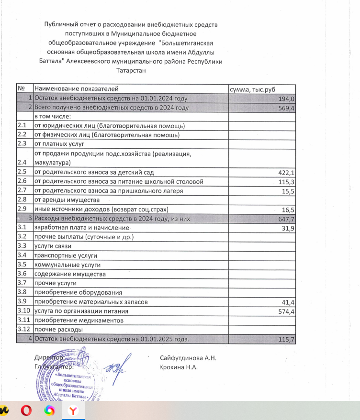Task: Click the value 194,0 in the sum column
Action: (x=285, y=99)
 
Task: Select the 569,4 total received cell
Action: (x=285, y=108)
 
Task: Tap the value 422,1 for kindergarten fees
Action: (x=285, y=173)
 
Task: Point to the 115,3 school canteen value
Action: (x=285, y=182)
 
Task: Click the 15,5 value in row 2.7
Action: (x=287, y=191)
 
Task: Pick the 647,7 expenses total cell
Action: (x=285, y=219)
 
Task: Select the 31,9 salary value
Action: (x=287, y=228)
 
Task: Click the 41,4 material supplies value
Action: (x=287, y=302)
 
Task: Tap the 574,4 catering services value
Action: (x=285, y=311)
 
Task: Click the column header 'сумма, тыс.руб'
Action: (x=252, y=89)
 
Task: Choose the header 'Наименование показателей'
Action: (x=76, y=89)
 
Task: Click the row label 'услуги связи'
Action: (x=53, y=246)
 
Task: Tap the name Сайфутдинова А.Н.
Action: (x=188, y=358)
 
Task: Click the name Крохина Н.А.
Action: (x=179, y=367)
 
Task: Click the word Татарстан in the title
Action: (x=131, y=70)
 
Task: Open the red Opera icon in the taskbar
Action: (x=26, y=410)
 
